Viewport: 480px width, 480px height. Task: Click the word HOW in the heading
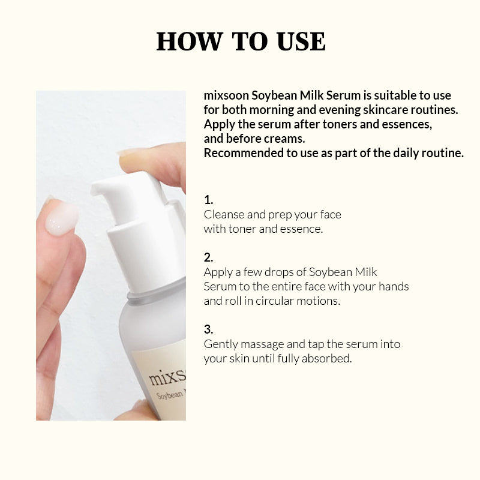coord(190,41)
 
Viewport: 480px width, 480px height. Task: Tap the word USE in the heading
coord(301,41)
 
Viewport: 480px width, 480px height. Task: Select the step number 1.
coord(208,200)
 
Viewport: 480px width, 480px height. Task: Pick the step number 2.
coord(208,257)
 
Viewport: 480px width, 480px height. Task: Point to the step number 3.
coord(208,329)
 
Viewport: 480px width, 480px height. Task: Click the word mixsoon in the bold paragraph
coord(226,95)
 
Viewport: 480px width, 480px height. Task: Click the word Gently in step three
coord(221,344)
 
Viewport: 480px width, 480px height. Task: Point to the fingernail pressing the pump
coord(130,152)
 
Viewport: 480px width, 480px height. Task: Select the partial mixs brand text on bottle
coord(167,378)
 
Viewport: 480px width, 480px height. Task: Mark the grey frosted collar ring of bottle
coord(156,291)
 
